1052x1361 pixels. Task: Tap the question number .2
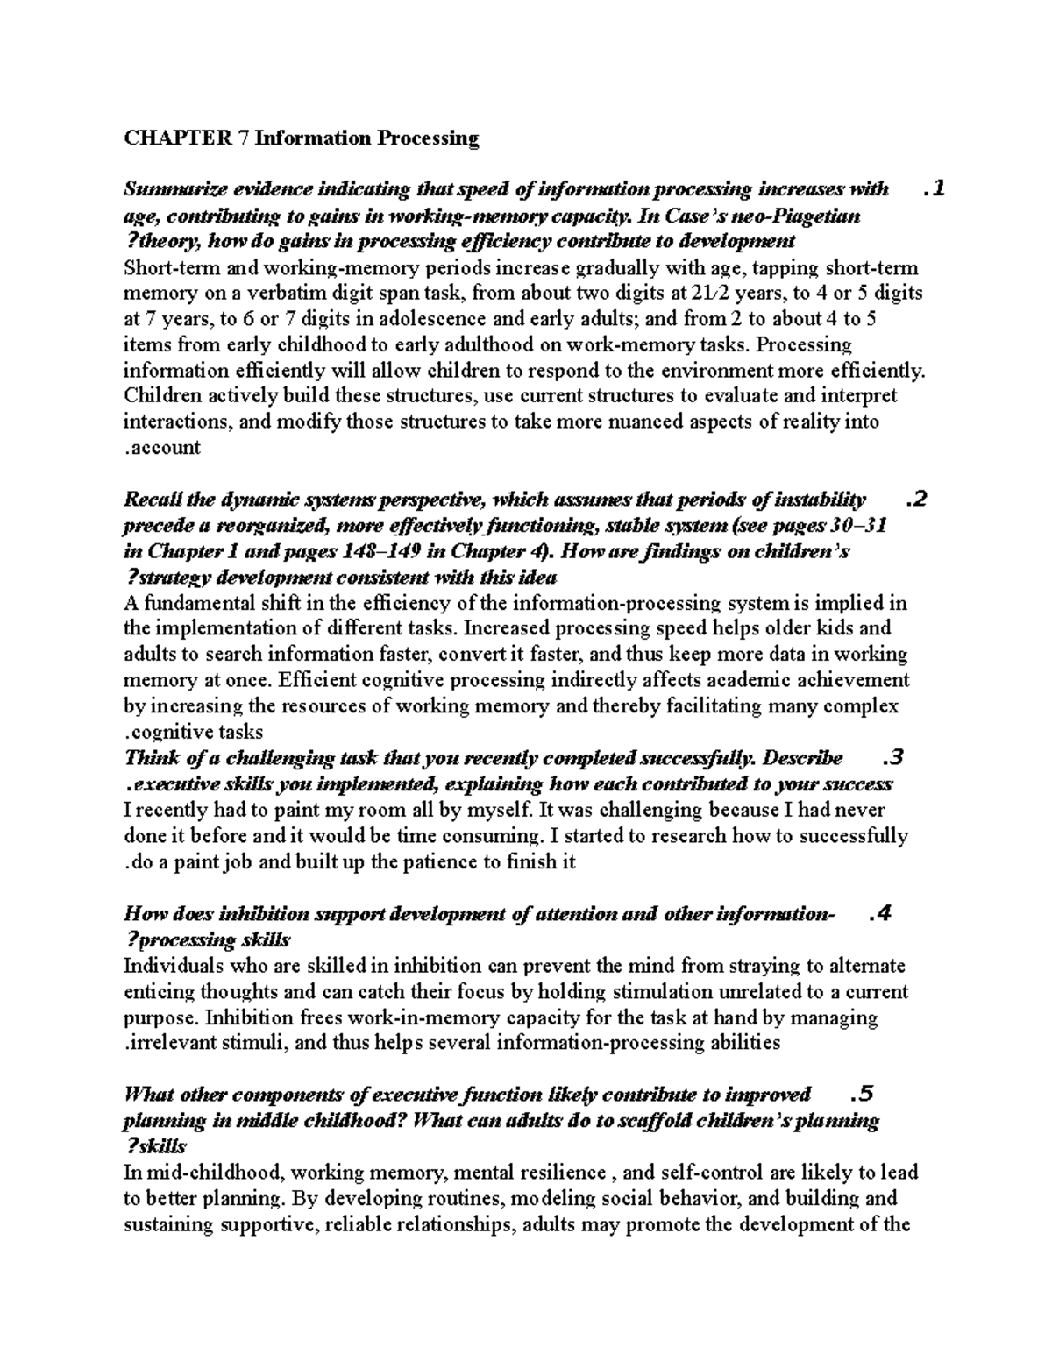pyautogui.click(x=915, y=500)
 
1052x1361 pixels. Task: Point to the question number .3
pyautogui.click(x=892, y=758)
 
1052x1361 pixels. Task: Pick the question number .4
pyautogui.click(x=879, y=914)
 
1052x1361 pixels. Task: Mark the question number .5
pyautogui.click(x=863, y=1095)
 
